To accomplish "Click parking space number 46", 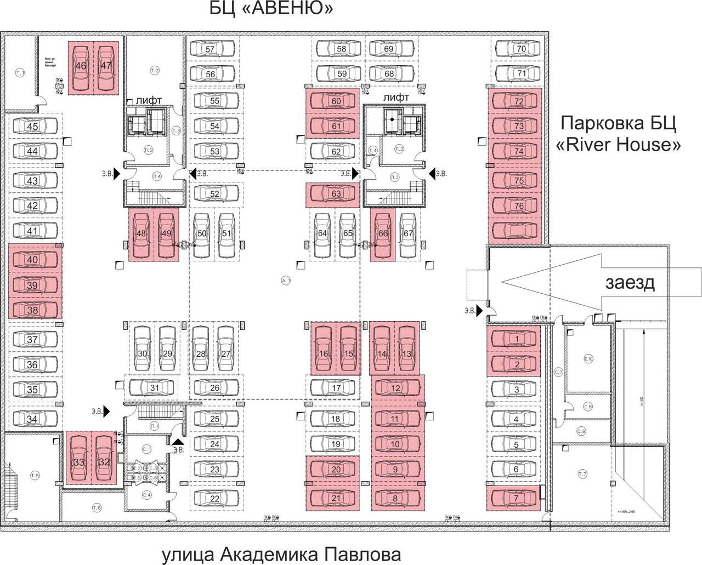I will [81, 66].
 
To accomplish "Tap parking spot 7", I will [516, 498].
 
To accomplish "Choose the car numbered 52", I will [214, 193].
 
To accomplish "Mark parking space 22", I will [214, 498].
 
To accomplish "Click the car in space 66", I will [383, 233].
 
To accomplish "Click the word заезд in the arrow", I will [630, 283].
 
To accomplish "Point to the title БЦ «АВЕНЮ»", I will [271, 9].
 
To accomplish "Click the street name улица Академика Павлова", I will [281, 554].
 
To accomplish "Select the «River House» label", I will [618, 145].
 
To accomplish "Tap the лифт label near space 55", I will [149, 100].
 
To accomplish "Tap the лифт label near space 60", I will [396, 98].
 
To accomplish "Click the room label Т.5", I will [35, 476].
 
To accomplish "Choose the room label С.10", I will [588, 359].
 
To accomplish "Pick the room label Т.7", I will [582, 474].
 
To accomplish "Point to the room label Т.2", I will [155, 71].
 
